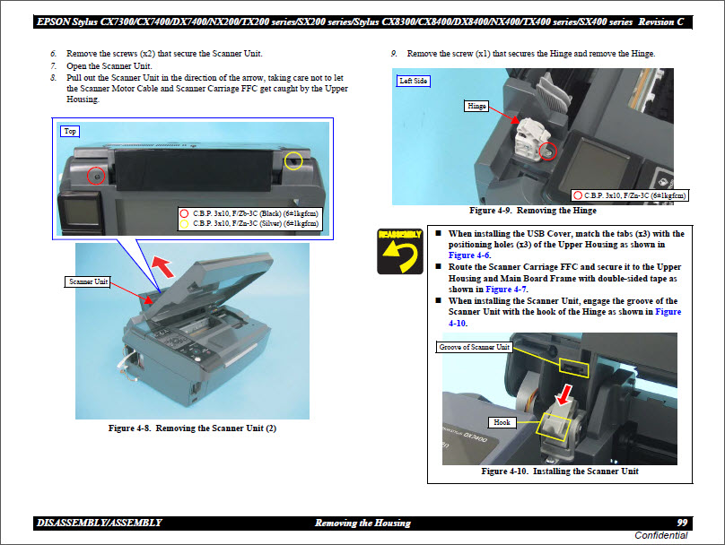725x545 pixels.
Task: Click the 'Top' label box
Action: click(70, 131)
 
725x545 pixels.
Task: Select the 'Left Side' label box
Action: click(414, 81)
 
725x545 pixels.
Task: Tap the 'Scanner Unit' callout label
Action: click(89, 281)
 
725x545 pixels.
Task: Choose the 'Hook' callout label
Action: click(502, 421)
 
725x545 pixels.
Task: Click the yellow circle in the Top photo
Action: click(293, 160)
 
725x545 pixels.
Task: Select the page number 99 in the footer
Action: click(682, 523)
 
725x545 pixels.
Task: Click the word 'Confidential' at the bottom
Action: click(661, 535)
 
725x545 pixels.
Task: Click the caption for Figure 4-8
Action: click(192, 428)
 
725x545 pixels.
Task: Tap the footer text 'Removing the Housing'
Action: click(362, 523)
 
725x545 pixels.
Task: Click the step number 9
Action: click(395, 54)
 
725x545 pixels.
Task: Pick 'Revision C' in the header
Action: click(666, 20)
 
